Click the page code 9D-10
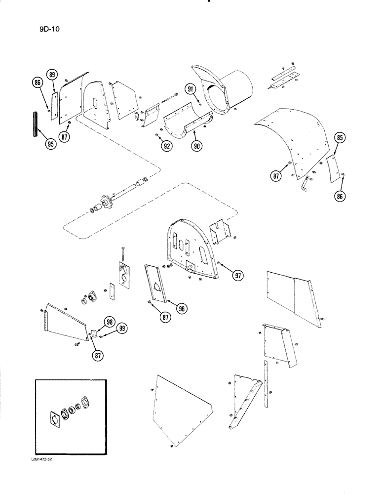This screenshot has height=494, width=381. click(x=51, y=28)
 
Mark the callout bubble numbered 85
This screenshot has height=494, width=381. click(x=339, y=137)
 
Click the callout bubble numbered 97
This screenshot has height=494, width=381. click(x=238, y=276)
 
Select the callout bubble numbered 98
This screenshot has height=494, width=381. click(x=108, y=322)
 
